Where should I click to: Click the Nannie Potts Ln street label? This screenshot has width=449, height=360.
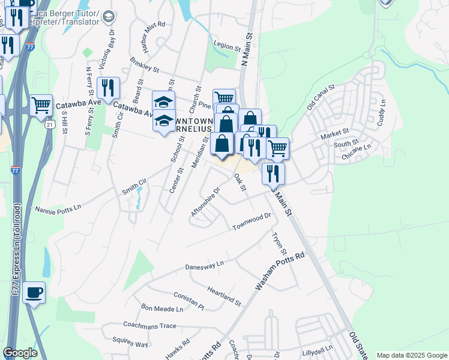coord(58,210)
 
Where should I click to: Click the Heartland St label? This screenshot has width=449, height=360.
coord(224,295)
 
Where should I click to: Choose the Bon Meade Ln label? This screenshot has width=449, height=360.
coord(162,308)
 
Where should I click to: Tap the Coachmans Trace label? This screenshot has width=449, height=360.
coord(149,325)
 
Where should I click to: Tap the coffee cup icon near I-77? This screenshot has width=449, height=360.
coord(34,293)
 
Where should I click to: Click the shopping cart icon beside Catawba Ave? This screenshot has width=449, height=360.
coord(41,106)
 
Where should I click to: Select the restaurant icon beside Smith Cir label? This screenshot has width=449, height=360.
coord(108,88)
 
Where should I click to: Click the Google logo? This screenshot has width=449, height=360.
coord(20,353)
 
